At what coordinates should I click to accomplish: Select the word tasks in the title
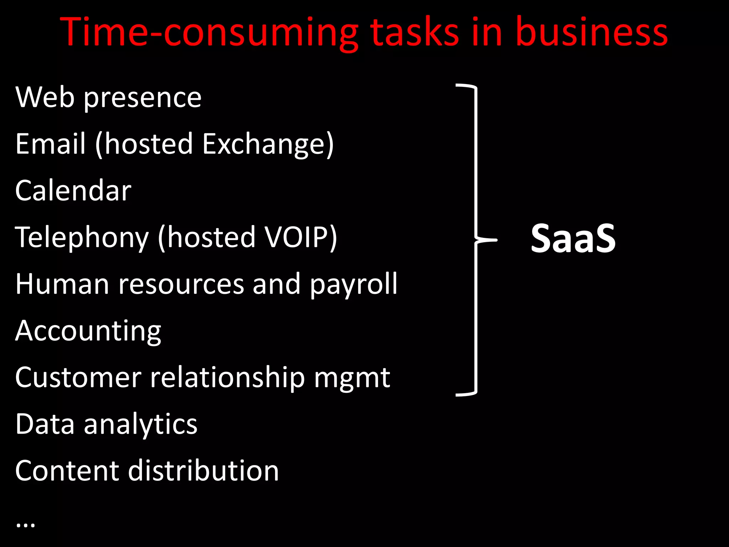pos(415,33)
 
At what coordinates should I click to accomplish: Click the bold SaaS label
pos(573,239)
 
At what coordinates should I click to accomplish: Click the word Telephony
pos(82,238)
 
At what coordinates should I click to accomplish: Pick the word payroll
pos(353,285)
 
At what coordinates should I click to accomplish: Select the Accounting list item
pos(88,331)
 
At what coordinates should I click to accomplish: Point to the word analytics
pos(140,424)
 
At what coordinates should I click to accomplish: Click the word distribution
pos(203,471)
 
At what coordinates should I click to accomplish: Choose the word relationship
pos(227,377)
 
